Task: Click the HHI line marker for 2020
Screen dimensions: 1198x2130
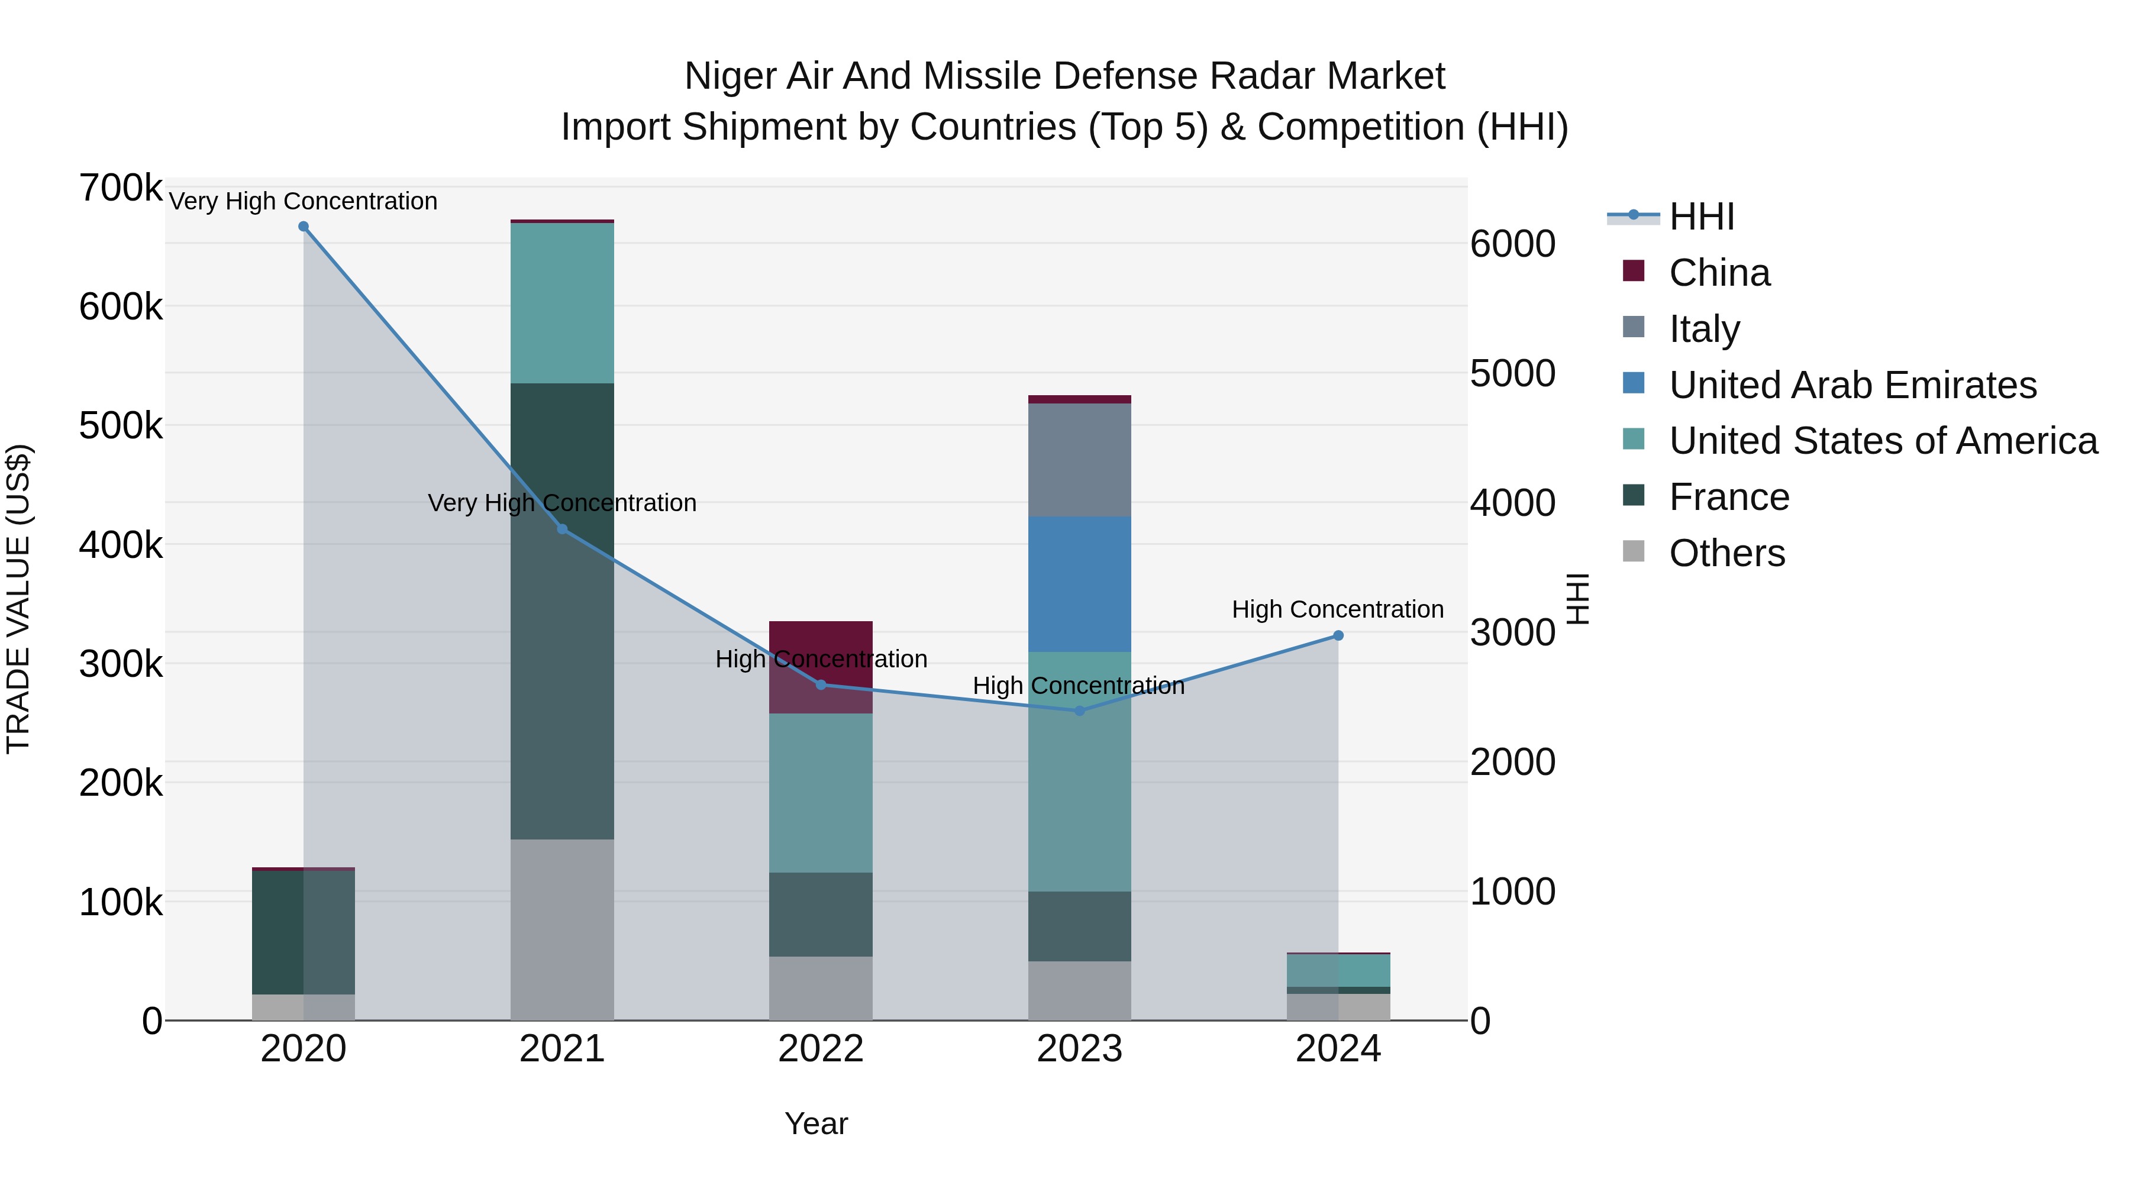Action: (x=304, y=227)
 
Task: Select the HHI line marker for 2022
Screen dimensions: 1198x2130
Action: (x=820, y=684)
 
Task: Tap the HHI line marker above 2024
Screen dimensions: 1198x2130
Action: (x=1338, y=636)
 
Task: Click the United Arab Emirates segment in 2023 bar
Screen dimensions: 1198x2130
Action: (x=1079, y=584)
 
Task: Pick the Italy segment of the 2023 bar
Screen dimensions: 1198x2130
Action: (x=1079, y=460)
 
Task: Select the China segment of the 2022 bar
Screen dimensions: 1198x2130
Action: (x=820, y=653)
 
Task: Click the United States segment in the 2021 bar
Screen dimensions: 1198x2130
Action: (x=562, y=302)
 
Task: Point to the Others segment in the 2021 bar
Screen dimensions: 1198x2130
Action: (x=562, y=929)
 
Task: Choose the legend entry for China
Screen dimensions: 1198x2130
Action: (x=1719, y=273)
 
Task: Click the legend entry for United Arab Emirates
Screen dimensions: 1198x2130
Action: (x=1852, y=385)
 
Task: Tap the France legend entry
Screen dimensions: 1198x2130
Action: (x=1728, y=498)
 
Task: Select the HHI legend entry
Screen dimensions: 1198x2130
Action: (x=1701, y=217)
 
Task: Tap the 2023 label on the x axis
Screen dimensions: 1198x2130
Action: (x=1079, y=1049)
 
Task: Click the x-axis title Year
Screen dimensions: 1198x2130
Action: (x=816, y=1123)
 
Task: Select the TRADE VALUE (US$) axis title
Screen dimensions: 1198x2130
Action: (x=18, y=599)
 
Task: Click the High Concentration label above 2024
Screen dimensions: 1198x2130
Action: (x=1337, y=609)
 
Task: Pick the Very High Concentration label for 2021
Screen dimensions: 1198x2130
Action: (x=562, y=503)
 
